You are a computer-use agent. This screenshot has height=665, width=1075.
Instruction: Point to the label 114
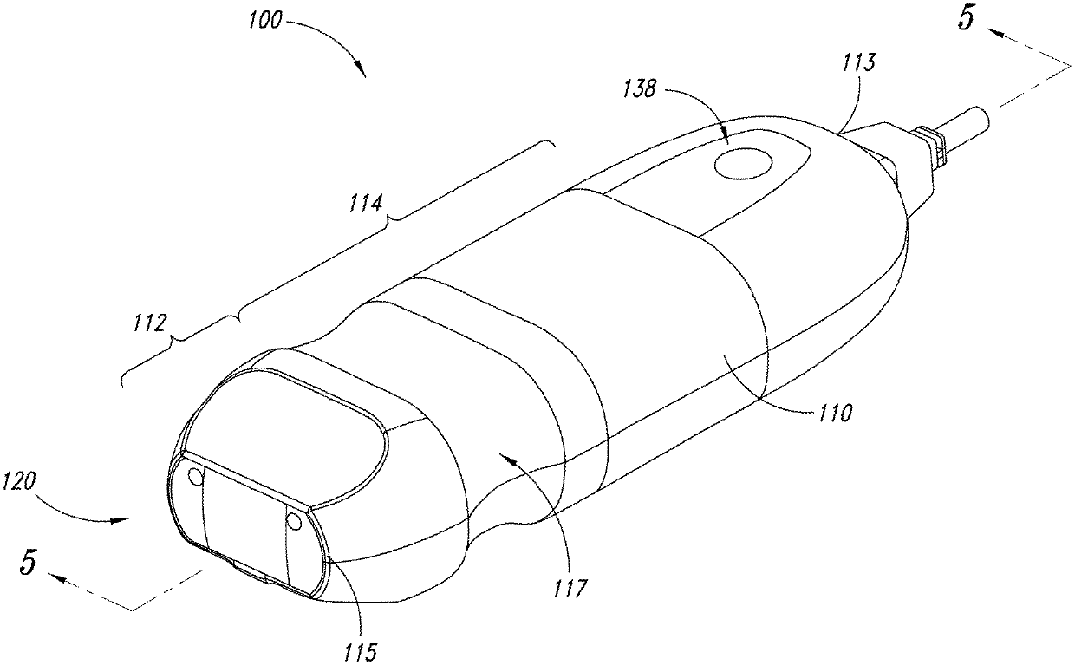365,205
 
